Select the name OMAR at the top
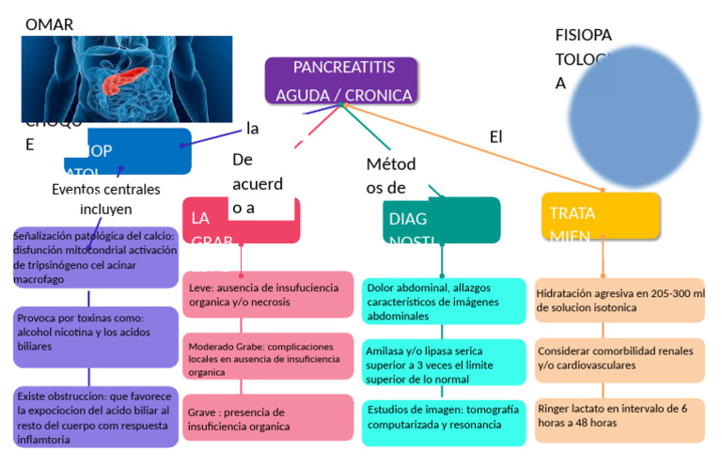49,24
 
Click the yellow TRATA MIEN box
600,217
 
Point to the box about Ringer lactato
620,416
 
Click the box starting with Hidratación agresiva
620,301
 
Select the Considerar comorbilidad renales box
620,358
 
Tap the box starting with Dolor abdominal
444,301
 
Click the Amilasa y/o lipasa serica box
444,364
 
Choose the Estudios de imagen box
444,420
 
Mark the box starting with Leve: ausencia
268,294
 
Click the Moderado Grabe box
268,359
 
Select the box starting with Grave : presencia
268,418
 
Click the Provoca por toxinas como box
95,333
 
